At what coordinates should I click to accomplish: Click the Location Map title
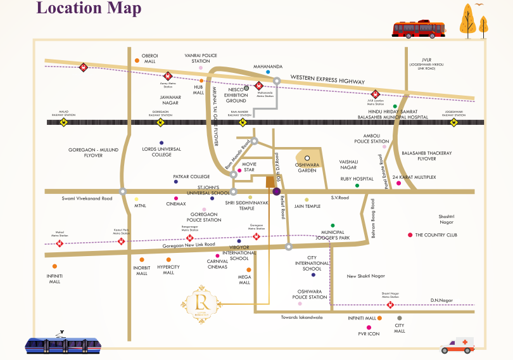[x=89, y=9]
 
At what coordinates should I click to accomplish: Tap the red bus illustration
[x=418, y=29]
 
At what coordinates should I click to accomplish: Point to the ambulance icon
[x=457, y=345]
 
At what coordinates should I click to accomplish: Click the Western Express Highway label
[x=327, y=80]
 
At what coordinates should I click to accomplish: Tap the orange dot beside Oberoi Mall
[x=136, y=61]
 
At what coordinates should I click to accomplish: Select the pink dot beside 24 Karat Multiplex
[x=398, y=183]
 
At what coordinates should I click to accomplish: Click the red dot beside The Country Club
[x=410, y=235]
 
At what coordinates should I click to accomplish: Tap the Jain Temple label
[x=307, y=206]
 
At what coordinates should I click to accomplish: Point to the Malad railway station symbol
[x=63, y=122]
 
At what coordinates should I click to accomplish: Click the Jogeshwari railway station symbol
[x=453, y=122]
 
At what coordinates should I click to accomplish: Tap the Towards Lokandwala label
[x=301, y=317]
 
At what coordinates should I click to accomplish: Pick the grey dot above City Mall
[x=399, y=318]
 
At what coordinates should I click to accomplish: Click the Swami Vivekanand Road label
[x=87, y=198]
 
